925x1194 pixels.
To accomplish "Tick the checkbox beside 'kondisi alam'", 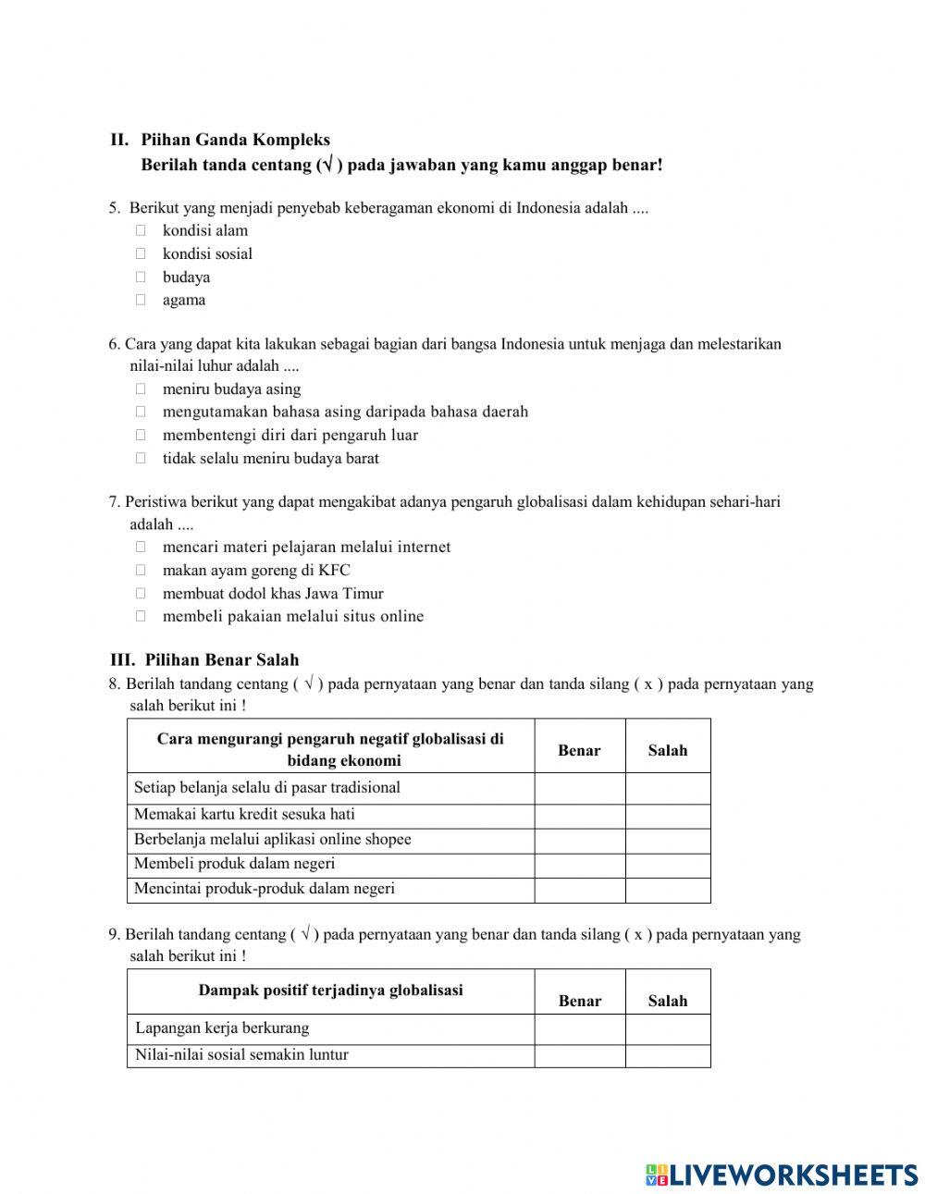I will (x=141, y=230).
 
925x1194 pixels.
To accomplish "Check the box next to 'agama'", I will (x=141, y=300).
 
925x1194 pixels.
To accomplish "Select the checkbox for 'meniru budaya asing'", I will (x=141, y=389).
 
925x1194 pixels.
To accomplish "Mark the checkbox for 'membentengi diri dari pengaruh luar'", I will (x=141, y=435).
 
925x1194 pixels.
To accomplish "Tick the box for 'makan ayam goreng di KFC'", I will (x=141, y=571).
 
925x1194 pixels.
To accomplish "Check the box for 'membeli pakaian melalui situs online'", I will (x=141, y=616).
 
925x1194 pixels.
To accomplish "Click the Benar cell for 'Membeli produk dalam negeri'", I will (x=579, y=865).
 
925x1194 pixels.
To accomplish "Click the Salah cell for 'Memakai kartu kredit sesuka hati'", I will (x=667, y=816).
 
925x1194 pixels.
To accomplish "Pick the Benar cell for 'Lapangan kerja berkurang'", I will (x=579, y=1029).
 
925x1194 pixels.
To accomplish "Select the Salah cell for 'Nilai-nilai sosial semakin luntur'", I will (x=667, y=1055).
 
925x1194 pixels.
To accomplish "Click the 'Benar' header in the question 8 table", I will (x=579, y=751).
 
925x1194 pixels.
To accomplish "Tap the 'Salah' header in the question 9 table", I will (x=667, y=1001).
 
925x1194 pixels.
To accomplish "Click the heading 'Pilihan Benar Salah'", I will (x=221, y=660).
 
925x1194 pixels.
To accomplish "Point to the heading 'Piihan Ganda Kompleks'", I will (x=235, y=140).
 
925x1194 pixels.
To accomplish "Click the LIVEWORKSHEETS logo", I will (x=781, y=1174).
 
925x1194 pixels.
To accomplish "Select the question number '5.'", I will (x=114, y=208).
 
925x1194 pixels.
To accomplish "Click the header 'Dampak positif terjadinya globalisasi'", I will (x=330, y=991).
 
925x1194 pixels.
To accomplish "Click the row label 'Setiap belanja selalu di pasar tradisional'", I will (x=266, y=788).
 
